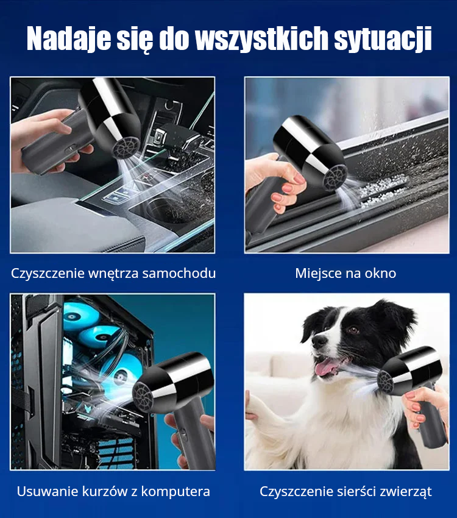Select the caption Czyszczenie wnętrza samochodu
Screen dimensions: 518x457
[113, 273]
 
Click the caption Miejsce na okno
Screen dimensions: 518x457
[345, 273]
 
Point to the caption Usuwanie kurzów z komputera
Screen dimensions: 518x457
[113, 491]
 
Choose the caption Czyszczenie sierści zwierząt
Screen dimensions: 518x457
[345, 491]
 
